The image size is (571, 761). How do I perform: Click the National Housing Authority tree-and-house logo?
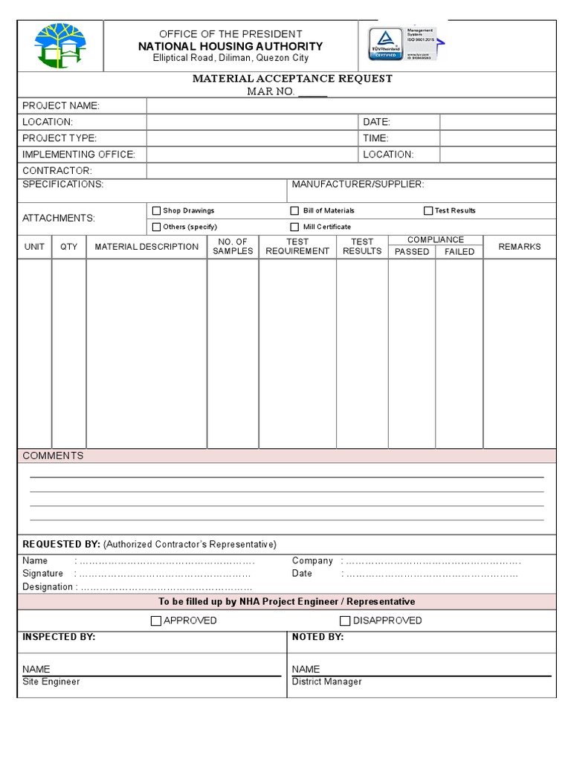[x=61, y=45]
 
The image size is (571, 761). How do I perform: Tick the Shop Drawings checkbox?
[x=156, y=211]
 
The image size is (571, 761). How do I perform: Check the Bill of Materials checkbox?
[x=295, y=211]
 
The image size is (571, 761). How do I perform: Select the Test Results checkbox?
[x=428, y=211]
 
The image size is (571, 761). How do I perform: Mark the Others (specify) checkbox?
[x=156, y=227]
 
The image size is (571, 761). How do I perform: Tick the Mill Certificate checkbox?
[x=295, y=227]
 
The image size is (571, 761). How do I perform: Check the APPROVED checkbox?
[x=156, y=621]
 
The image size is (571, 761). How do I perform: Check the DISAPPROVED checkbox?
[x=345, y=621]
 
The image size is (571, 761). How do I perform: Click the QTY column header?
[x=68, y=247]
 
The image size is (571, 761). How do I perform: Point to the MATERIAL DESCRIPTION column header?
[x=146, y=247]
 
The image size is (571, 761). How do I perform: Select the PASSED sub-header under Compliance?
[x=412, y=252]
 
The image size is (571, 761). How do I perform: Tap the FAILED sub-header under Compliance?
[x=459, y=252]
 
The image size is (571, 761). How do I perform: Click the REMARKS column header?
[x=520, y=247]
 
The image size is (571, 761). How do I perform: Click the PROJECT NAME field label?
[x=61, y=106]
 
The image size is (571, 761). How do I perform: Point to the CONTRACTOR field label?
[x=57, y=171]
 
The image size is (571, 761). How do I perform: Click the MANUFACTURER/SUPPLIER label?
[x=358, y=184]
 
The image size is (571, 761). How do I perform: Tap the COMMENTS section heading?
[x=53, y=456]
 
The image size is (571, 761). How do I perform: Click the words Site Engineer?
[x=51, y=681]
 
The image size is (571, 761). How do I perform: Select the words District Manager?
[x=327, y=681]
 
